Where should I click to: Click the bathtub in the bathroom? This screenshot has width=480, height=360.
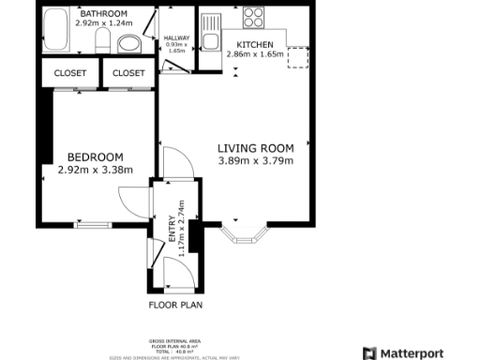(56, 29)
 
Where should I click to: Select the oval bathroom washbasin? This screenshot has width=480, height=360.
(129, 43)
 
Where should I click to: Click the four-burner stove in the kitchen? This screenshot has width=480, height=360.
(253, 18)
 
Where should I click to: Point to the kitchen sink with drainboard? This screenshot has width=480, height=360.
(211, 25)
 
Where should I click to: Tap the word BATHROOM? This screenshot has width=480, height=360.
(103, 14)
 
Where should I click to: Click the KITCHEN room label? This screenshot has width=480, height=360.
(255, 45)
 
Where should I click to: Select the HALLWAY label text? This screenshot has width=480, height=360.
(176, 38)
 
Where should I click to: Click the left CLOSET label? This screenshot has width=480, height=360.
(70, 72)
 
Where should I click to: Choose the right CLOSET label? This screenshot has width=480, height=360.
(128, 72)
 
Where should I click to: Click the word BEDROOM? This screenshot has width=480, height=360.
(95, 156)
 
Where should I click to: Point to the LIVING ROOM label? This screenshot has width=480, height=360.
(256, 148)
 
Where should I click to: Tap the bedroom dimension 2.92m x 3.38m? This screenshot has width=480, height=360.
(95, 170)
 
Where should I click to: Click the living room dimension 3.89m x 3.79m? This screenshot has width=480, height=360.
(256, 161)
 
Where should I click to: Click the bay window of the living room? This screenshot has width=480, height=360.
(245, 233)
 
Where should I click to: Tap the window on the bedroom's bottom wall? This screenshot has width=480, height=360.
(92, 226)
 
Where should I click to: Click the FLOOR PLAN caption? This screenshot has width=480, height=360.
(175, 305)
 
